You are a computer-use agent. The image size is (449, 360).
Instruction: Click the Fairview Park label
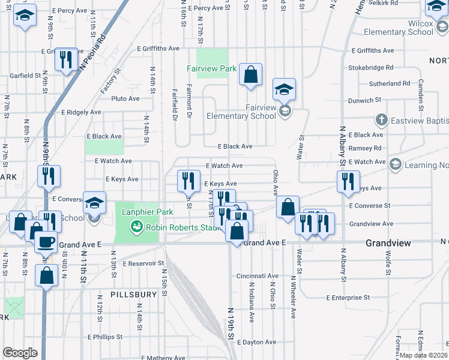pyautogui.click(x=211, y=69)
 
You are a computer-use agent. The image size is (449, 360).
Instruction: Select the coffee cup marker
pyautogui.click(x=46, y=241)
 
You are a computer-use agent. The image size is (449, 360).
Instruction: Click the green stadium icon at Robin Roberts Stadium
pyautogui.click(x=136, y=227)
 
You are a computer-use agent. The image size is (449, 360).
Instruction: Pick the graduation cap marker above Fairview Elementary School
pyautogui.click(x=285, y=90)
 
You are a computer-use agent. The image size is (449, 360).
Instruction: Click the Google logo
pyautogui.click(x=20, y=353)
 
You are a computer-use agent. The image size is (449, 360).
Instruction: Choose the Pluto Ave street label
pyautogui.click(x=125, y=98)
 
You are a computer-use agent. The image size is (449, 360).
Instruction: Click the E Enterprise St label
pyautogui.click(x=348, y=298)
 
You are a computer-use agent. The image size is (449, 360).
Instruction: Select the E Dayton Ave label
pyautogui.click(x=257, y=342)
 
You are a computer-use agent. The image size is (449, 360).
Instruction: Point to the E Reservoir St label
pyautogui.click(x=143, y=263)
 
